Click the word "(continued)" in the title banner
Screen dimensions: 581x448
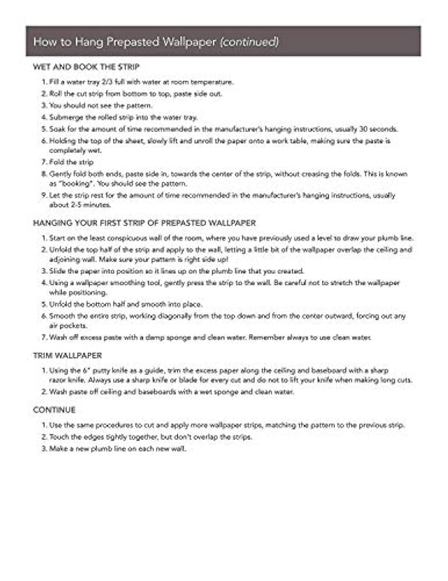tap(249, 42)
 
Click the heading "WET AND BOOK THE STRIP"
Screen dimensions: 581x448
tap(86, 67)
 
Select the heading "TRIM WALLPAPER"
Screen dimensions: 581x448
tap(68, 355)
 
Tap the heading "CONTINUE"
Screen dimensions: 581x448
tap(54, 410)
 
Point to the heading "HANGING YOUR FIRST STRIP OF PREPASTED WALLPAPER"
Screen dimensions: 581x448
tap(145, 223)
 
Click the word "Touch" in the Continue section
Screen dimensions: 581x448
tap(59, 437)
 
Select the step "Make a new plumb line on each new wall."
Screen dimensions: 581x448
tap(118, 449)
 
